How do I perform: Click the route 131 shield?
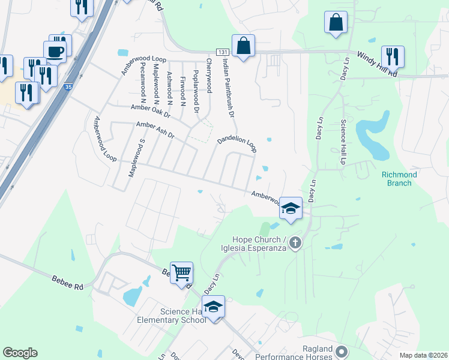click(x=223, y=53)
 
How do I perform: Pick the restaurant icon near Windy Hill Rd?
click(x=393, y=56)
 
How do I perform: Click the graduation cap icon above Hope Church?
click(x=291, y=208)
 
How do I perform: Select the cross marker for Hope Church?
click(x=294, y=243)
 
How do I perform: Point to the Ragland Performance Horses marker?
click(x=342, y=351)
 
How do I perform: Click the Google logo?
click(x=20, y=353)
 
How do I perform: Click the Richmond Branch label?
click(x=397, y=178)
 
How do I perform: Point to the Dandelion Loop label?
click(x=237, y=143)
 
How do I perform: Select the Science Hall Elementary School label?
click(x=183, y=316)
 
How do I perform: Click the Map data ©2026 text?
click(x=423, y=355)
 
